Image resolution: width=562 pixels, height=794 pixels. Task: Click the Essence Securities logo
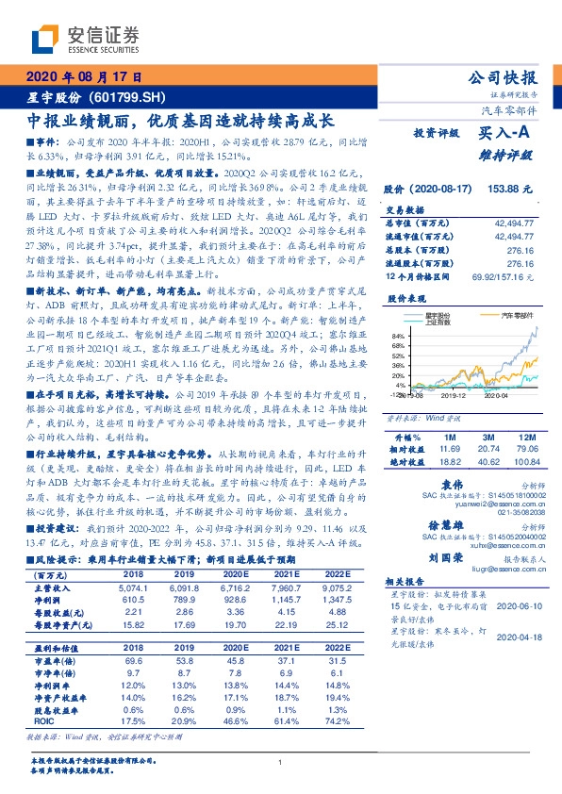click(86, 39)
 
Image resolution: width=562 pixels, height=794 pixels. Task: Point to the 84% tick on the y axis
click(398, 336)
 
